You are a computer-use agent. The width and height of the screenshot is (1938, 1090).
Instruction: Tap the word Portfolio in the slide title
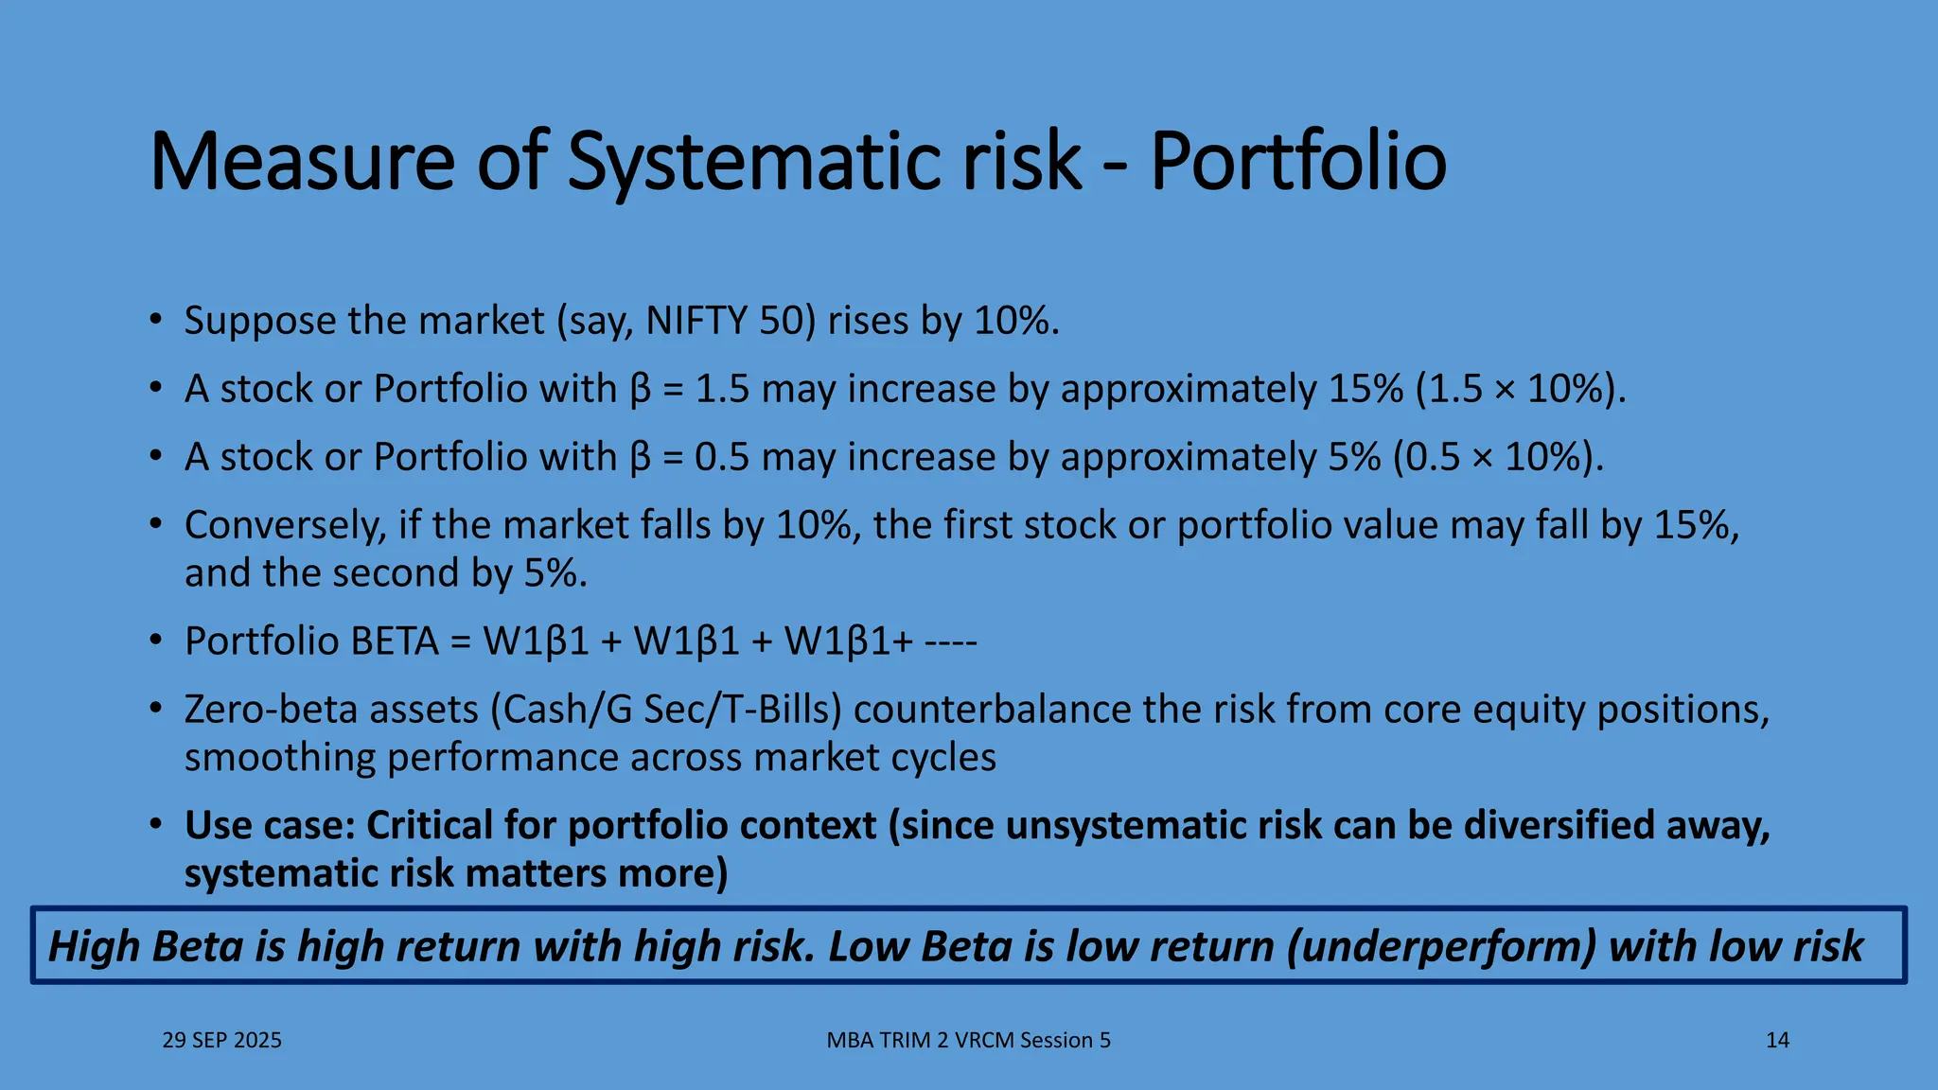[1298, 161]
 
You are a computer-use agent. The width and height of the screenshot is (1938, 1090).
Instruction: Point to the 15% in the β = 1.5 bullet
[1365, 390]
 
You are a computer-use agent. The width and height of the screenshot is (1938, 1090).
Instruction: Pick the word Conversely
[285, 526]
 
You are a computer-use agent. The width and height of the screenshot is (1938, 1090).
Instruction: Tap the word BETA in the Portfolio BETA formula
[395, 642]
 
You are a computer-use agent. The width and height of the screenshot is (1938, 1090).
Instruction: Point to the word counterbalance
[992, 710]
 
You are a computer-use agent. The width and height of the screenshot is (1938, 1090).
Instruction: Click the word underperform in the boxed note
[1441, 946]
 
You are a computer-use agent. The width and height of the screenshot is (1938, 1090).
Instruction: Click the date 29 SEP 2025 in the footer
[221, 1040]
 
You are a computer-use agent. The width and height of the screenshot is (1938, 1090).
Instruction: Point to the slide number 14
[1777, 1040]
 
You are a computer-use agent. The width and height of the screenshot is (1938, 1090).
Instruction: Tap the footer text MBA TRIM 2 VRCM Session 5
[968, 1040]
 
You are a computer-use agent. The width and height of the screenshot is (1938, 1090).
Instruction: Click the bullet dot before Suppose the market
[156, 320]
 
